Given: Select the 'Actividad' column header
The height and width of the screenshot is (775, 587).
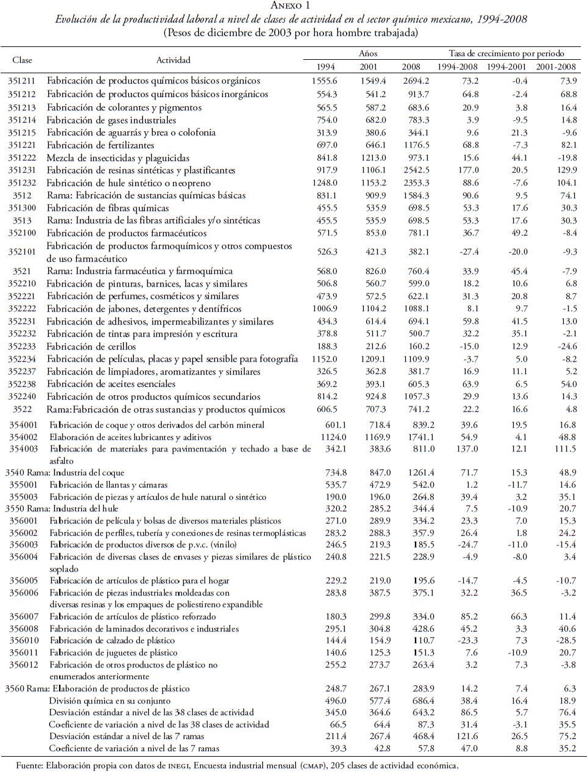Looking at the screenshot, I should point(173,60).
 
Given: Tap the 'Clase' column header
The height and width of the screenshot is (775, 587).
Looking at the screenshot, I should point(22,60).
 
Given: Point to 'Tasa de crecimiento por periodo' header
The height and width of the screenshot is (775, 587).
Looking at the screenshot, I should point(506,54).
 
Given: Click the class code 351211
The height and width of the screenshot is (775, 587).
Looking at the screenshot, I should point(22,81).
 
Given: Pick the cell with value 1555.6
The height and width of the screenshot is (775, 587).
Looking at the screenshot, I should point(323,81).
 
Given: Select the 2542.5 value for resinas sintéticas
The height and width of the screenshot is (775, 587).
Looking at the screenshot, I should point(416,170).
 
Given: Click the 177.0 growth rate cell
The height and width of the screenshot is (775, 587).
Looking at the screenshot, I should point(468,170).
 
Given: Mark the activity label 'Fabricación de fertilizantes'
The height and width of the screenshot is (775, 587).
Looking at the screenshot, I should point(101,145).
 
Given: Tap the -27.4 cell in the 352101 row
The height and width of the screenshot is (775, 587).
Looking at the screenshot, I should point(468,252).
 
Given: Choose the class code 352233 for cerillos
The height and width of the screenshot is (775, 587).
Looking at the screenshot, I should point(22,347).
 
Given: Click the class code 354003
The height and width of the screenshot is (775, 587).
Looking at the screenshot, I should point(23,449).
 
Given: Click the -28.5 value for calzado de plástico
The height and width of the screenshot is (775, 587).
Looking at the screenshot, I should point(567,640).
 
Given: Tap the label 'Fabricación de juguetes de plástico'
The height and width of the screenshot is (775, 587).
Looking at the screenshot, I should point(113,652).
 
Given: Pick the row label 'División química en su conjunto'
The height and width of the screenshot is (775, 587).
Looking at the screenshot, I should point(110,701).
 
